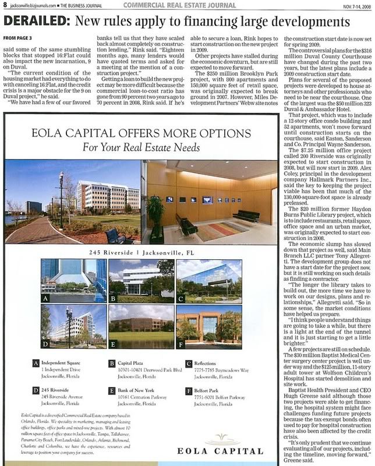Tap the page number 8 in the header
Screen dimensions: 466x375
click(x=5, y=5)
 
